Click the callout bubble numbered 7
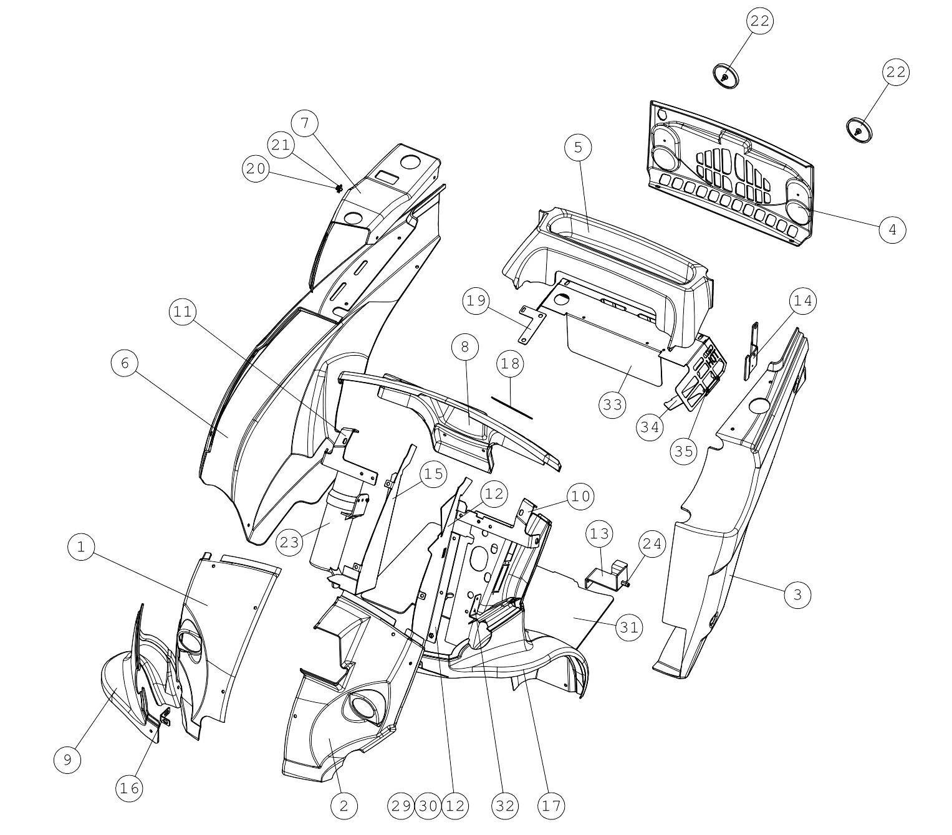coord(304,123)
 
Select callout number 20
coord(256,169)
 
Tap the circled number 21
coord(281,145)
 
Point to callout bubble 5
coord(578,148)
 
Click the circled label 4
coord(892,230)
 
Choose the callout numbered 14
coord(802,300)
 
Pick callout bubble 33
coord(612,404)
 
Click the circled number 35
coord(684,451)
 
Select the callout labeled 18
coord(511,363)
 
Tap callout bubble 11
coord(183,312)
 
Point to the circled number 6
coord(125,363)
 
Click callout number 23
coord(289,542)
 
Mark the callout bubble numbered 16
coord(130,788)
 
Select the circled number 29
coord(401,806)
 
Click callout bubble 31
coord(629,627)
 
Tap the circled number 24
coord(651,544)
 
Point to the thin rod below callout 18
coord(512,408)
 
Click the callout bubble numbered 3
coord(797,594)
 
